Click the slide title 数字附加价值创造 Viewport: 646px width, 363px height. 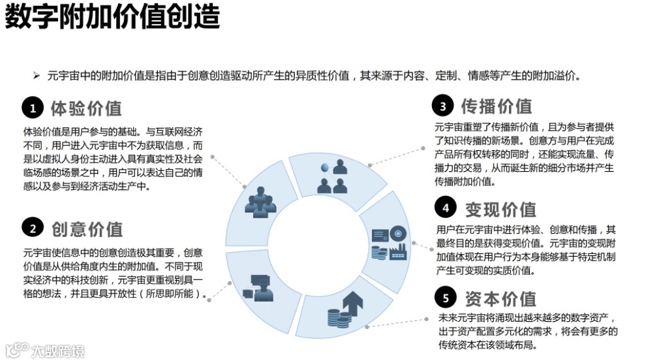[x=112, y=18]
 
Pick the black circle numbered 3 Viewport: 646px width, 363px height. [x=442, y=106]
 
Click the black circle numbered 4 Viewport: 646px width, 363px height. [x=445, y=208]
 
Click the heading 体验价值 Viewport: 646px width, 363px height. [x=86, y=108]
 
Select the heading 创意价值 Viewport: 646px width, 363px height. [x=87, y=229]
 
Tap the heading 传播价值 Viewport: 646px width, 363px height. [x=497, y=106]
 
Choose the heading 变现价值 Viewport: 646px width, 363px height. [x=500, y=209]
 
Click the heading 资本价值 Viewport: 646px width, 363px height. [x=500, y=298]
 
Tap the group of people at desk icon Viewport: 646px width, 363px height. [x=260, y=202]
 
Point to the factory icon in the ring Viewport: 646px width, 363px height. [x=398, y=251]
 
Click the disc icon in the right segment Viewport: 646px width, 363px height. [x=398, y=233]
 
